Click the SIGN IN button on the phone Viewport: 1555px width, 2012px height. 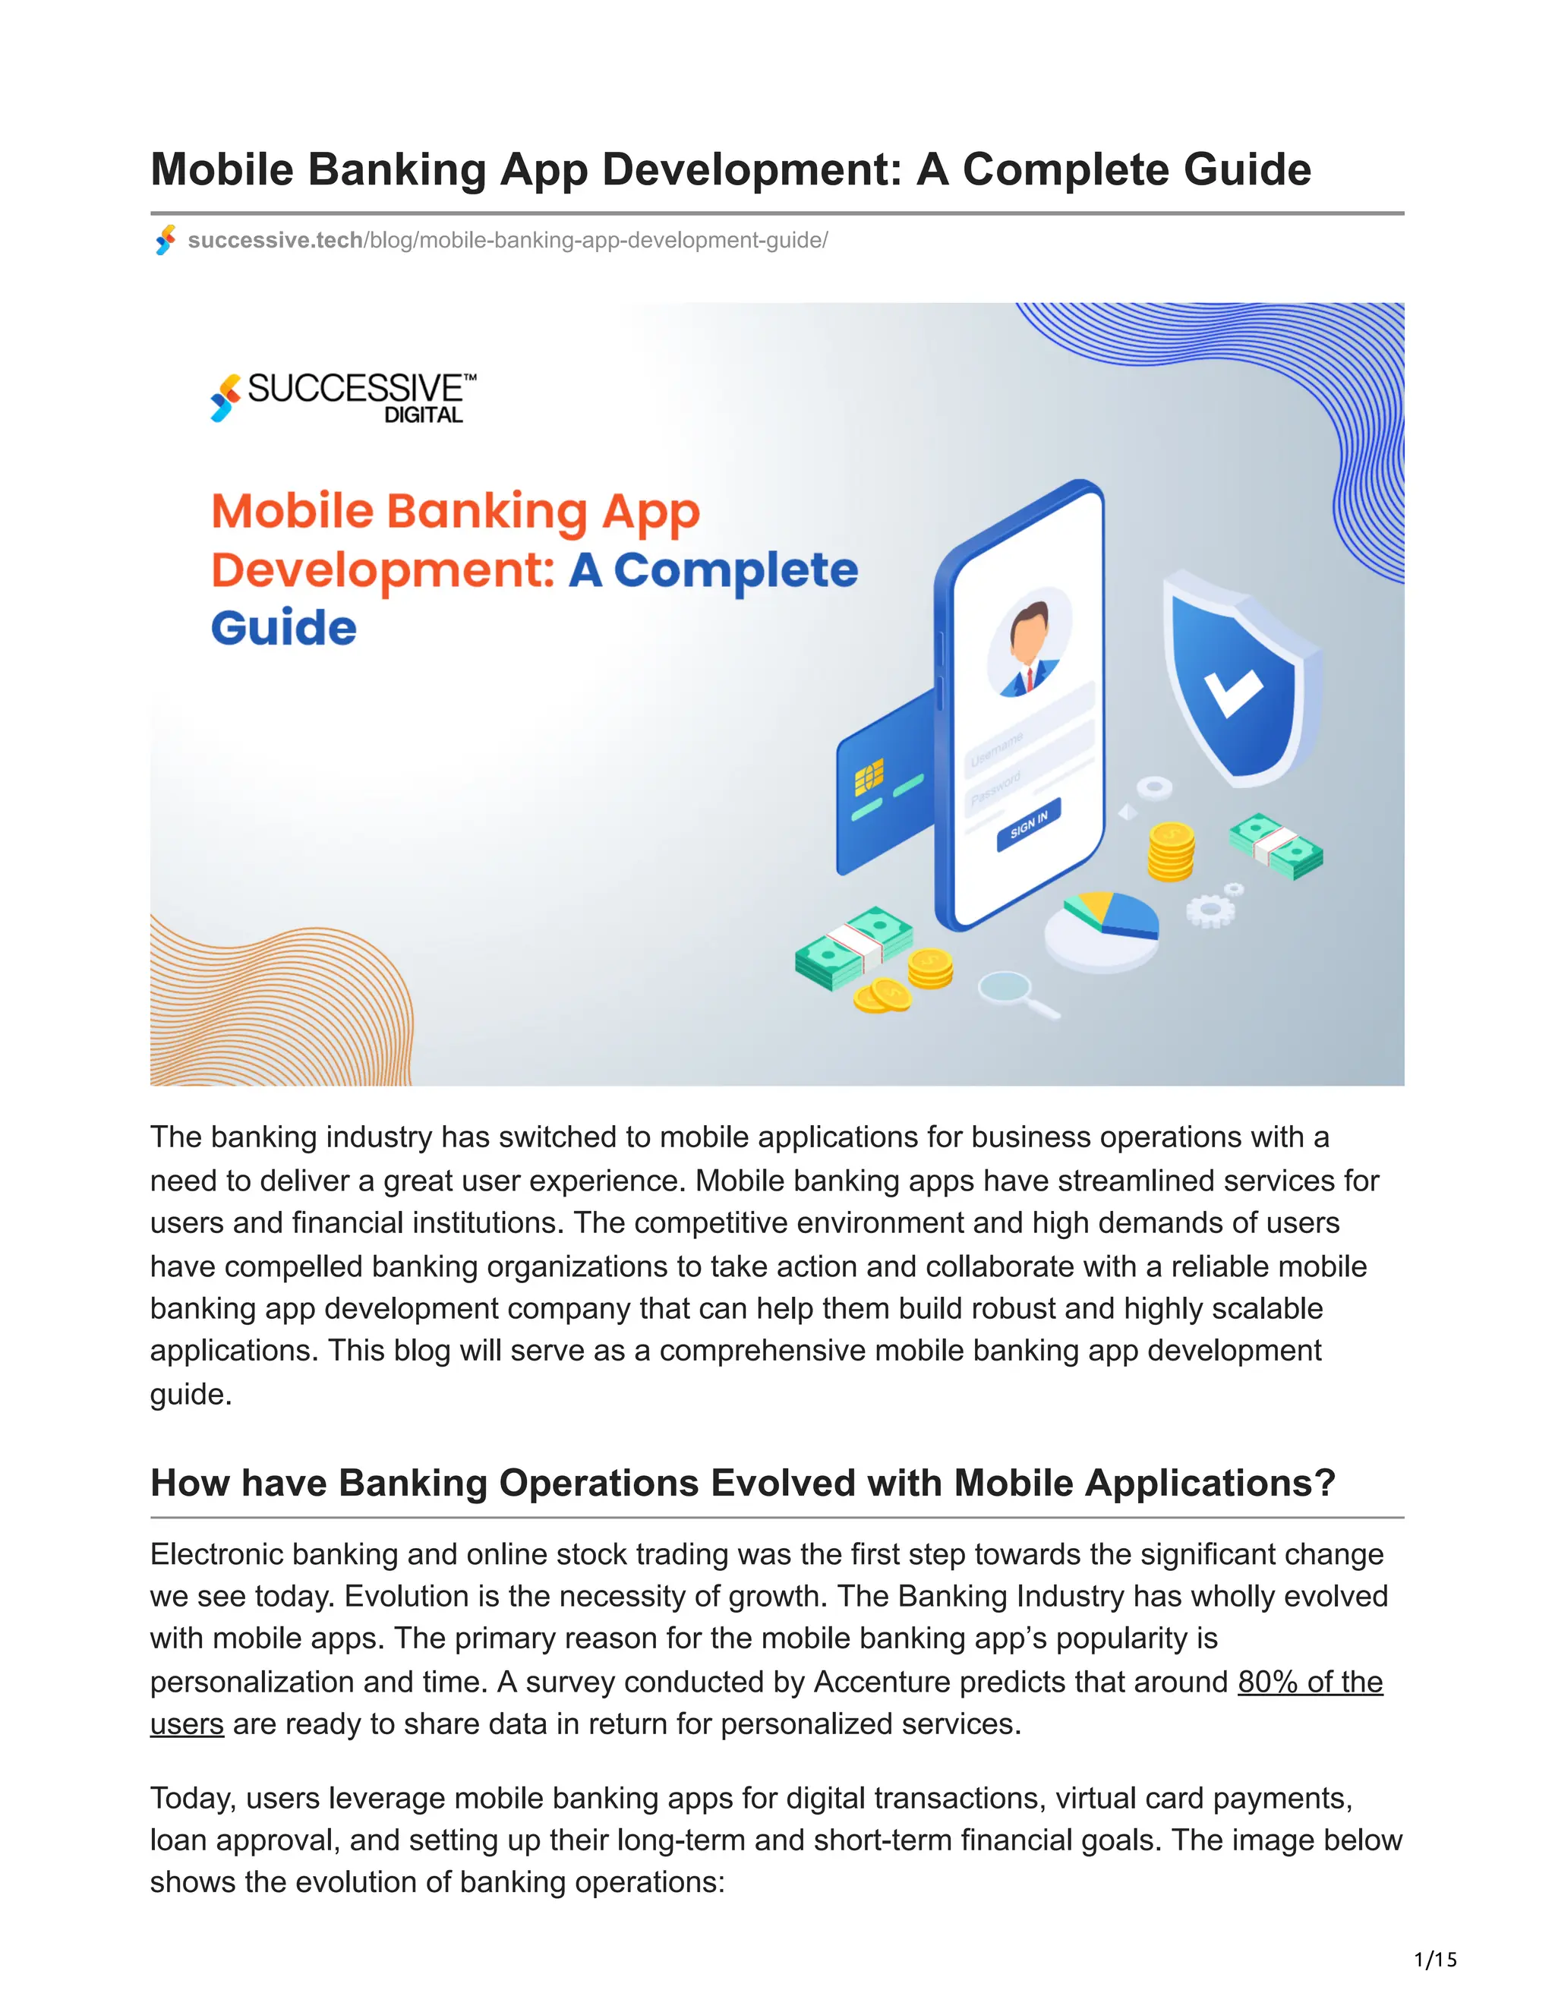pyautogui.click(x=1028, y=824)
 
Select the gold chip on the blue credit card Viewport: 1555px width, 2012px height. pyautogui.click(x=869, y=776)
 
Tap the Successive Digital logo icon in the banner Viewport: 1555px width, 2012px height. pyautogui.click(x=226, y=397)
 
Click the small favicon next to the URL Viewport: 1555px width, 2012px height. pyautogui.click(x=166, y=241)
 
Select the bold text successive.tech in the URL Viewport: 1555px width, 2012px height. pyautogui.click(x=275, y=241)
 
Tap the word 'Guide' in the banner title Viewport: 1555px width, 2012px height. pyautogui.click(x=284, y=629)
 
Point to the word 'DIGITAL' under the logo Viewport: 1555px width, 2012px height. pyautogui.click(x=423, y=415)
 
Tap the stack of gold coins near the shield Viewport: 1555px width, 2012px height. pyautogui.click(x=1171, y=851)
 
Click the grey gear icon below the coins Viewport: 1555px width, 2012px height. pyautogui.click(x=1210, y=911)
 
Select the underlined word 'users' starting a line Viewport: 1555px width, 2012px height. pyautogui.click(x=187, y=1723)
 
